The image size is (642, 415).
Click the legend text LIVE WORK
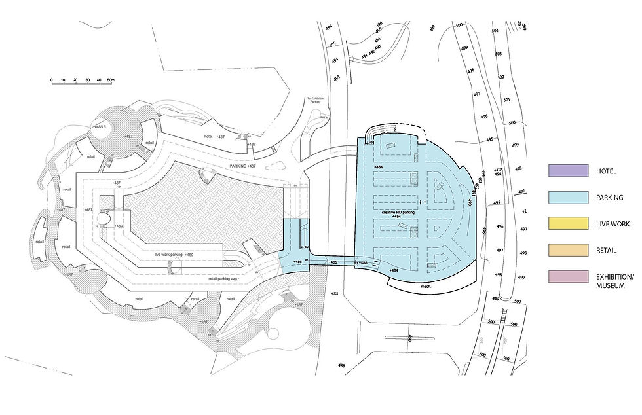click(613, 224)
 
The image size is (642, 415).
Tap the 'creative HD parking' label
click(396, 213)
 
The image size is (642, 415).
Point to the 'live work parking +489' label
click(174, 254)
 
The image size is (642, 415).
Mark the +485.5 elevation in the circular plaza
click(100, 126)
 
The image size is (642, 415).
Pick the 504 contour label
click(495, 31)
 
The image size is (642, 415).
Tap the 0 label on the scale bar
click(51, 80)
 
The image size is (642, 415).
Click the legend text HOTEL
click(606, 171)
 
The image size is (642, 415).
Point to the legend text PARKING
click(609, 197)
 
